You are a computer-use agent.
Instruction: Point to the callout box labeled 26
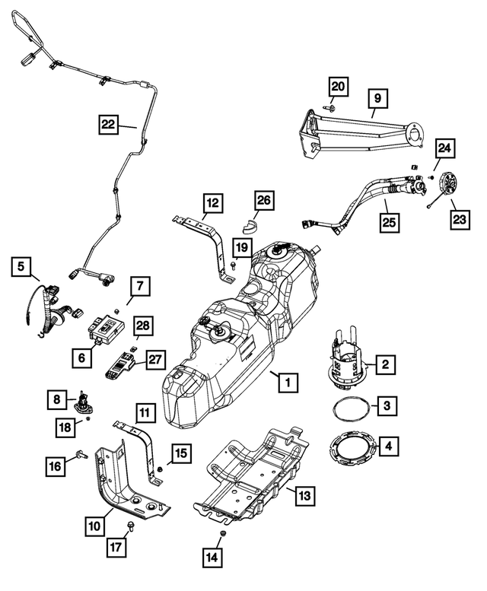(x=263, y=201)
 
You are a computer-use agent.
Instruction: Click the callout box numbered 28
(x=143, y=326)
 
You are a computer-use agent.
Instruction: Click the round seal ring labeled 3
(x=354, y=406)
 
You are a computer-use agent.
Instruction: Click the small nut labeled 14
(x=221, y=537)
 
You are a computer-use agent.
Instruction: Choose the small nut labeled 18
(x=88, y=418)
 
